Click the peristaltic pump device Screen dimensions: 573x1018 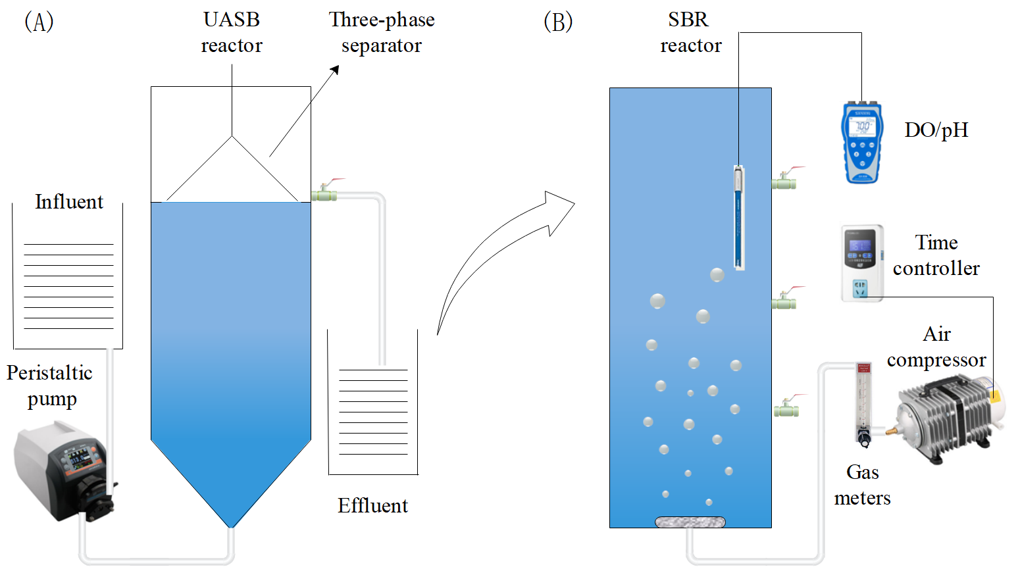(x=63, y=470)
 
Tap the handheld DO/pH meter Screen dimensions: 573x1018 (x=861, y=142)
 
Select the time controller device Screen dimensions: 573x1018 (x=861, y=262)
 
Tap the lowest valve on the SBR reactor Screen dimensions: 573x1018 (x=786, y=409)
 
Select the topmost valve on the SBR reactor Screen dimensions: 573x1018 (x=784, y=181)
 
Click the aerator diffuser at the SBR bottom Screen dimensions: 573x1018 (x=690, y=522)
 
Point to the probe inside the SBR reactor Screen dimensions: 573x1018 (x=739, y=217)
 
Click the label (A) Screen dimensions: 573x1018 (x=39, y=22)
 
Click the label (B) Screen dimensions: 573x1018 (x=558, y=22)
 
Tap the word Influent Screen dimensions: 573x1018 (x=69, y=202)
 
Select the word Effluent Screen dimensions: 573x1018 (x=372, y=505)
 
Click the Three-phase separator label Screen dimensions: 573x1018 (x=382, y=32)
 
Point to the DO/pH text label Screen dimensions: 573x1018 (x=936, y=130)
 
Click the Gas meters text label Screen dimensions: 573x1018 (x=862, y=485)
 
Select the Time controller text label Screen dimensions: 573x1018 (x=936, y=255)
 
